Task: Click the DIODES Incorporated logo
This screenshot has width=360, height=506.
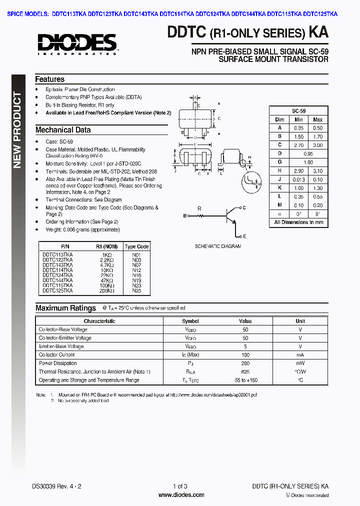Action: pyautogui.click(x=77, y=43)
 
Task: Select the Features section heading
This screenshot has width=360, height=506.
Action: pyautogui.click(x=49, y=79)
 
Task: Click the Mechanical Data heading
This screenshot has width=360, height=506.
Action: pyautogui.click(x=63, y=130)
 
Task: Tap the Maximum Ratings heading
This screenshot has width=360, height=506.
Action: pyautogui.click(x=65, y=308)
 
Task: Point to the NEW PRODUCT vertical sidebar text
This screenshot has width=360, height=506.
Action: pyautogui.click(x=17, y=130)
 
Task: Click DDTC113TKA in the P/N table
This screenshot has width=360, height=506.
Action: pyautogui.click(x=57, y=254)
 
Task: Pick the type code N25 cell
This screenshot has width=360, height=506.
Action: pyautogui.click(x=136, y=290)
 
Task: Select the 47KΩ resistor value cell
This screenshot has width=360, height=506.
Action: pyautogui.click(x=107, y=280)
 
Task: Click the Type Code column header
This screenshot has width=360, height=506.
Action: pyautogui.click(x=136, y=246)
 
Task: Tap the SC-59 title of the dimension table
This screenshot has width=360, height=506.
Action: pyautogui.click(x=299, y=111)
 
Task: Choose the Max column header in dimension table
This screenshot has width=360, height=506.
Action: pyautogui.click(x=318, y=119)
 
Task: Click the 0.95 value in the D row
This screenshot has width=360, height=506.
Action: pyautogui.click(x=308, y=153)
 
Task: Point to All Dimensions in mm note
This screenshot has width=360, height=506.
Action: pyautogui.click(x=299, y=222)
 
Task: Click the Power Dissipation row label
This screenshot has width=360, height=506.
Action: pyautogui.click(x=58, y=363)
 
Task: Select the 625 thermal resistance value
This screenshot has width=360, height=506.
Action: pyautogui.click(x=245, y=372)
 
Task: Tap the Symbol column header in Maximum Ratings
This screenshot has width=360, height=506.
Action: pyautogui.click(x=190, y=321)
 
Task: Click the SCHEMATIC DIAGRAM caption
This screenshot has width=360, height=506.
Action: pyautogui.click(x=218, y=246)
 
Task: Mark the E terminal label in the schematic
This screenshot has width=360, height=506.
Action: pyautogui.click(x=244, y=236)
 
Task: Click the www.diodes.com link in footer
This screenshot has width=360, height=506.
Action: pyautogui.click(x=181, y=495)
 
